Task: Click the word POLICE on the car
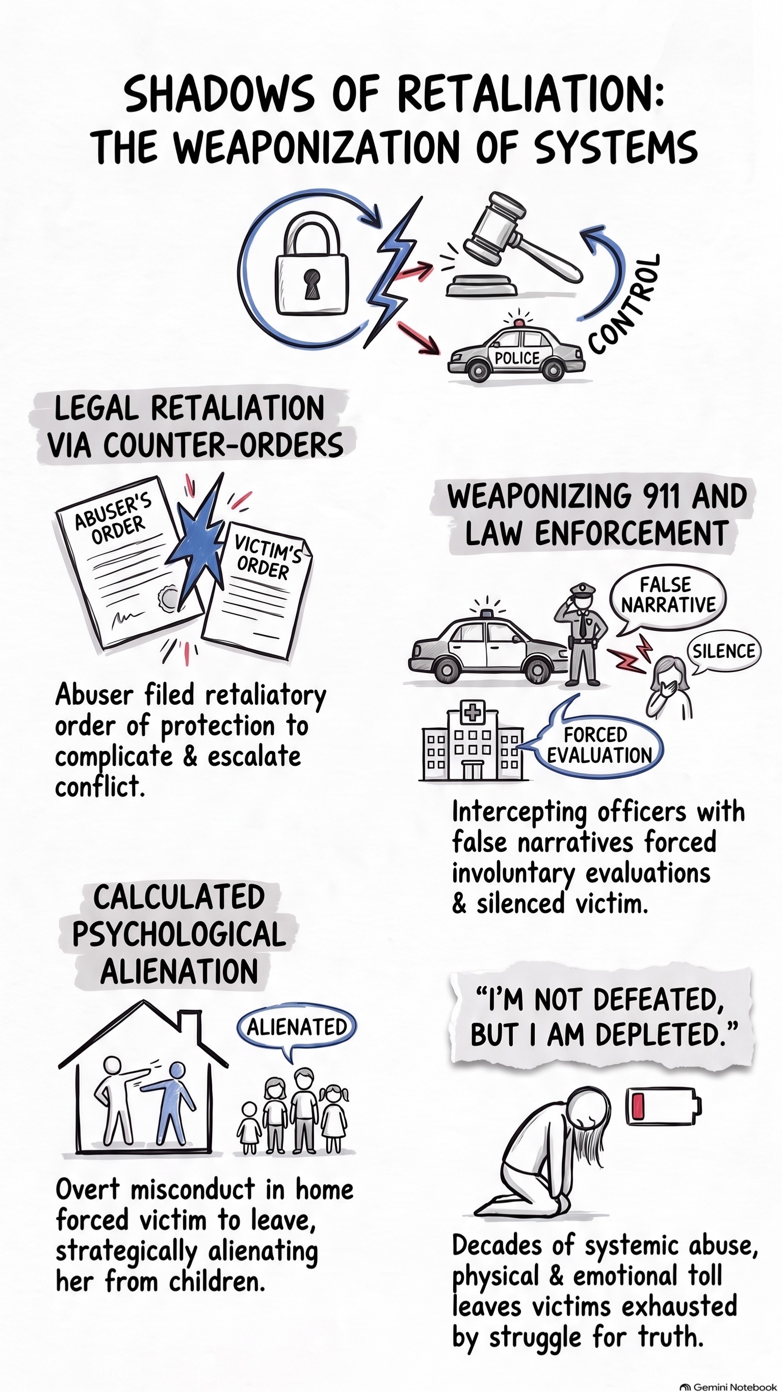pos(517,358)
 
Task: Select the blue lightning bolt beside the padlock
pos(393,270)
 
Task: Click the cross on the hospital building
pos(473,712)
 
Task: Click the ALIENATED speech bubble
pos(297,1027)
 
